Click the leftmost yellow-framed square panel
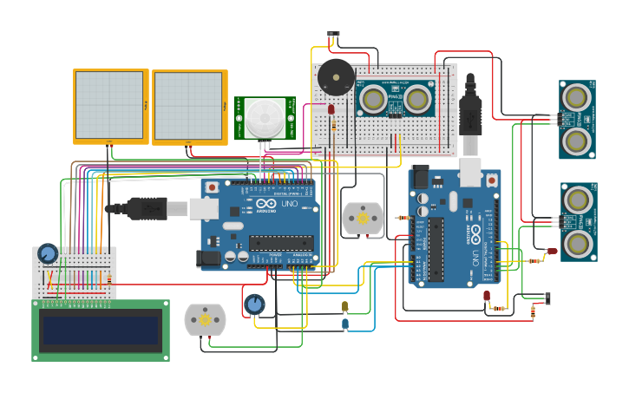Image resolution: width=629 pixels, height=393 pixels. point(110,105)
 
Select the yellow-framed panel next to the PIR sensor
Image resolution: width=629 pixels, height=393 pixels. point(189,106)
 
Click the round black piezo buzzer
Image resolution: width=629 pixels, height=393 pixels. point(335,77)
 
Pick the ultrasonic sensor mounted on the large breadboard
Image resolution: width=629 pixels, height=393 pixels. point(396,99)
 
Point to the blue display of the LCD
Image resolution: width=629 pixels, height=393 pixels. point(101,330)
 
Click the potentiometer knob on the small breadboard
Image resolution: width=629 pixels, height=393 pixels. point(48,253)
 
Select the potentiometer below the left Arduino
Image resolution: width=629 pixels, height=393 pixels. point(253,305)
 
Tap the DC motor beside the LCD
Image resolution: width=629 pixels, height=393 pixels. point(205,319)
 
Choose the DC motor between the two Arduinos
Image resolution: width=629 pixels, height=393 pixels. point(363,219)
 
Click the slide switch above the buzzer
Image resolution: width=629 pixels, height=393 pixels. point(333,35)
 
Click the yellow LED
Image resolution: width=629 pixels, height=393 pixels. point(344,306)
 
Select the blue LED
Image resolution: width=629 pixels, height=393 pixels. point(345,324)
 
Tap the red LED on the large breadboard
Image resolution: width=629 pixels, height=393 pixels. point(331,109)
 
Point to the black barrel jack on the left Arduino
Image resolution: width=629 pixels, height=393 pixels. point(208,258)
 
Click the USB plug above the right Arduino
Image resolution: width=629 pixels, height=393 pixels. point(469,113)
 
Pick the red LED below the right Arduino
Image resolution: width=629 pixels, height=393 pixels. point(487,296)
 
